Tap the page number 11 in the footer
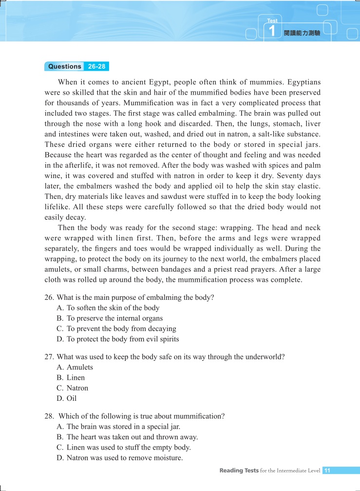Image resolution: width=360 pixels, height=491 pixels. pos(327,471)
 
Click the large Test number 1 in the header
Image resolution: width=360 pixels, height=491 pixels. pos(272,32)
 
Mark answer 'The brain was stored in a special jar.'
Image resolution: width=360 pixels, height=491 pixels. pos(126,427)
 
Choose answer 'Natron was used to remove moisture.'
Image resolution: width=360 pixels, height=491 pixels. pos(124,458)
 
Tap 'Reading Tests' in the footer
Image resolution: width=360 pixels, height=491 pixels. pos(238,471)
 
